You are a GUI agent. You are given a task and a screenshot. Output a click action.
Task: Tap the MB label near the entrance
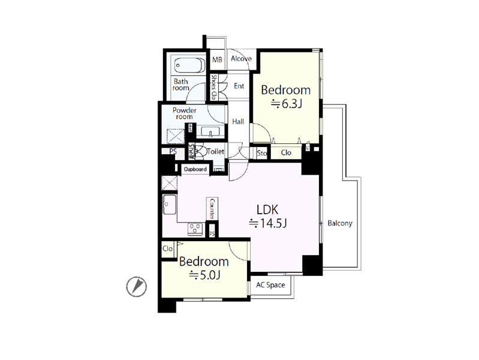pyautogui.click(x=217, y=59)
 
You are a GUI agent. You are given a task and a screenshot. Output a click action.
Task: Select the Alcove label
pyautogui.click(x=242, y=59)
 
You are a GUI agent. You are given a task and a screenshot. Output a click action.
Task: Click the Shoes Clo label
pyautogui.click(x=213, y=87)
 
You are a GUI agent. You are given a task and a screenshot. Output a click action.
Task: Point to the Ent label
pyautogui.click(x=239, y=86)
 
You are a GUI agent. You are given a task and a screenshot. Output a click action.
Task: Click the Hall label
pyautogui.click(x=238, y=122)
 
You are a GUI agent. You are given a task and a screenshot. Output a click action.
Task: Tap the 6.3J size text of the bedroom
pyautogui.click(x=287, y=104)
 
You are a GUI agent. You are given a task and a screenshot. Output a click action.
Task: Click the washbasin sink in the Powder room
pyautogui.click(x=210, y=132)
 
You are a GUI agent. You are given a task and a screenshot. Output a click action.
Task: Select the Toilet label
pyautogui.click(x=215, y=151)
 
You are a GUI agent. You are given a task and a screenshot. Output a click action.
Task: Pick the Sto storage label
pyautogui.click(x=262, y=153)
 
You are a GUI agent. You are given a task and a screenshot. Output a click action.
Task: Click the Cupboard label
pyautogui.click(x=195, y=169)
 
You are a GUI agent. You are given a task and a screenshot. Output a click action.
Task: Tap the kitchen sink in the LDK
pyautogui.click(x=169, y=205)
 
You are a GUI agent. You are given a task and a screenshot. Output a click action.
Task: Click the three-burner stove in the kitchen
pyautogui.click(x=195, y=229)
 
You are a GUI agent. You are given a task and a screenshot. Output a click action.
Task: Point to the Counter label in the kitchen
pyautogui.click(x=212, y=208)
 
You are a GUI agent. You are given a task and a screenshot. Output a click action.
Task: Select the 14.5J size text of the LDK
pyautogui.click(x=268, y=224)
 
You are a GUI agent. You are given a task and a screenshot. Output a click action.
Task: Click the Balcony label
pyautogui.click(x=340, y=223)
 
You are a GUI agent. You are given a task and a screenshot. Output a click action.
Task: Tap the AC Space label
pyautogui.click(x=270, y=285)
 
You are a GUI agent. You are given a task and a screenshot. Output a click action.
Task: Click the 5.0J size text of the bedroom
pyautogui.click(x=204, y=275)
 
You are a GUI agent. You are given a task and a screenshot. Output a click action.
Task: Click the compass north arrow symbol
pyautogui.click(x=137, y=287)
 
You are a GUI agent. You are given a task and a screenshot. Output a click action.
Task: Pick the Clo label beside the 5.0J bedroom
pyautogui.click(x=167, y=248)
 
